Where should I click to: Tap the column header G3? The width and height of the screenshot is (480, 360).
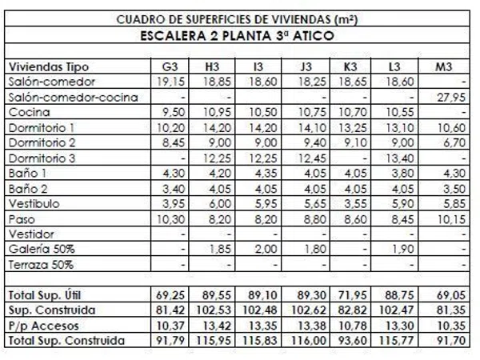[169, 66]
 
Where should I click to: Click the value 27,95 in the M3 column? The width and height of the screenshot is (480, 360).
[451, 97]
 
